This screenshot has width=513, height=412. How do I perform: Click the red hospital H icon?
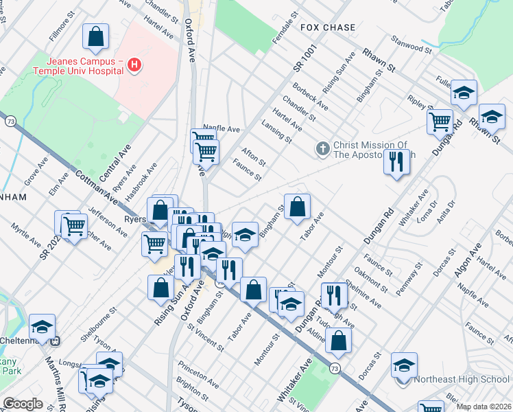coord(135,65)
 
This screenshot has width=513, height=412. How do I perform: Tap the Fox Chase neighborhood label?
coord(328,27)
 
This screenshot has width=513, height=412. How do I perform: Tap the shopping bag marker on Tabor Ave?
coord(297,207)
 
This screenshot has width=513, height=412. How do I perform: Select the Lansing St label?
coord(276,131)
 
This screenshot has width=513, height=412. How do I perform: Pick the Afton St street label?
coord(253,156)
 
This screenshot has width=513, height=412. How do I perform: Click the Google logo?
coord(23,404)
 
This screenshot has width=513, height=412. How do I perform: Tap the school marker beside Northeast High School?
coord(405,366)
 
